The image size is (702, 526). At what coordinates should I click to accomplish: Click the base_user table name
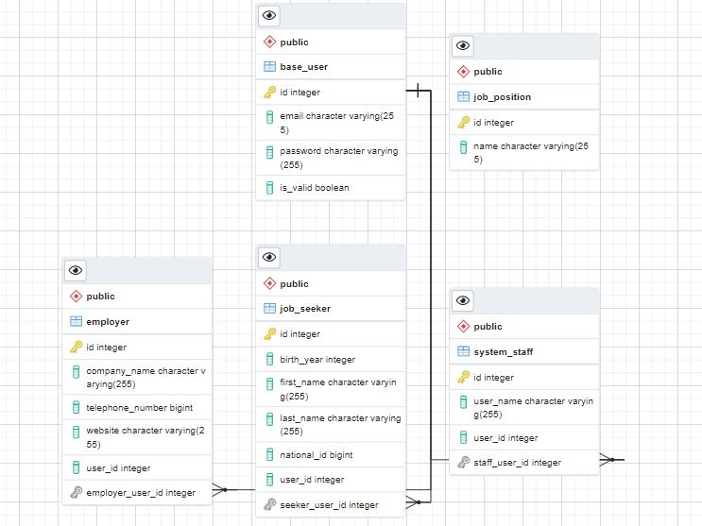pyautogui.click(x=303, y=67)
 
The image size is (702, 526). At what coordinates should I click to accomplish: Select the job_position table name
pyautogui.click(x=502, y=96)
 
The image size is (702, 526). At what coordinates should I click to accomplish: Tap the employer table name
pyautogui.click(x=108, y=321)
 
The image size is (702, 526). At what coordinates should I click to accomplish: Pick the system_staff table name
pyautogui.click(x=503, y=351)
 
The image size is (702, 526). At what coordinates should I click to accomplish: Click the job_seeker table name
pyautogui.click(x=305, y=308)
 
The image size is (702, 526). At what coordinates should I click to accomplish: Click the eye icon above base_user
pyautogui.click(x=269, y=15)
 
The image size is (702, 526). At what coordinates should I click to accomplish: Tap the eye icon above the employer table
pyautogui.click(x=76, y=270)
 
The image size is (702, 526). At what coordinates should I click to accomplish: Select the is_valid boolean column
pyautogui.click(x=314, y=187)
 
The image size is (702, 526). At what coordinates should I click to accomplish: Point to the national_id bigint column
pyautogui.click(x=316, y=454)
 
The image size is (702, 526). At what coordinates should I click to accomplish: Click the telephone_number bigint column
pyautogui.click(x=139, y=407)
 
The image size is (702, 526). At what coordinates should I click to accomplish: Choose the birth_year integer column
pyautogui.click(x=317, y=359)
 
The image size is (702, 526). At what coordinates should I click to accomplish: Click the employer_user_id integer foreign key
pyautogui.click(x=141, y=492)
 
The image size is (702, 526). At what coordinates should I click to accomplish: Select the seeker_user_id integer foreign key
pyautogui.click(x=329, y=504)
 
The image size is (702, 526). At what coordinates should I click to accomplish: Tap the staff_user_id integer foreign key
pyautogui.click(x=517, y=462)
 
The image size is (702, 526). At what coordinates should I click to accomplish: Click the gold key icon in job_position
pyautogui.click(x=463, y=122)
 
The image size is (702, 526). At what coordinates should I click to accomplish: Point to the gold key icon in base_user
pyautogui.click(x=269, y=92)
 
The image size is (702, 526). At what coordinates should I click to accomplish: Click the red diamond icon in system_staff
pyautogui.click(x=463, y=326)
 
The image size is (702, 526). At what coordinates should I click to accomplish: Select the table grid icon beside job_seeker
pyautogui.click(x=269, y=308)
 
